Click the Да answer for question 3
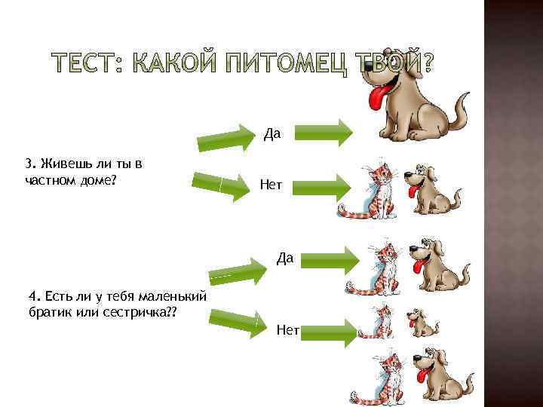coord(272,133)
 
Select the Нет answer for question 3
coord(271,184)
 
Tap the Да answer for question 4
coord(284,259)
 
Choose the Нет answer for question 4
coord(288,329)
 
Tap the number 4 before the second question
coord(31,295)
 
